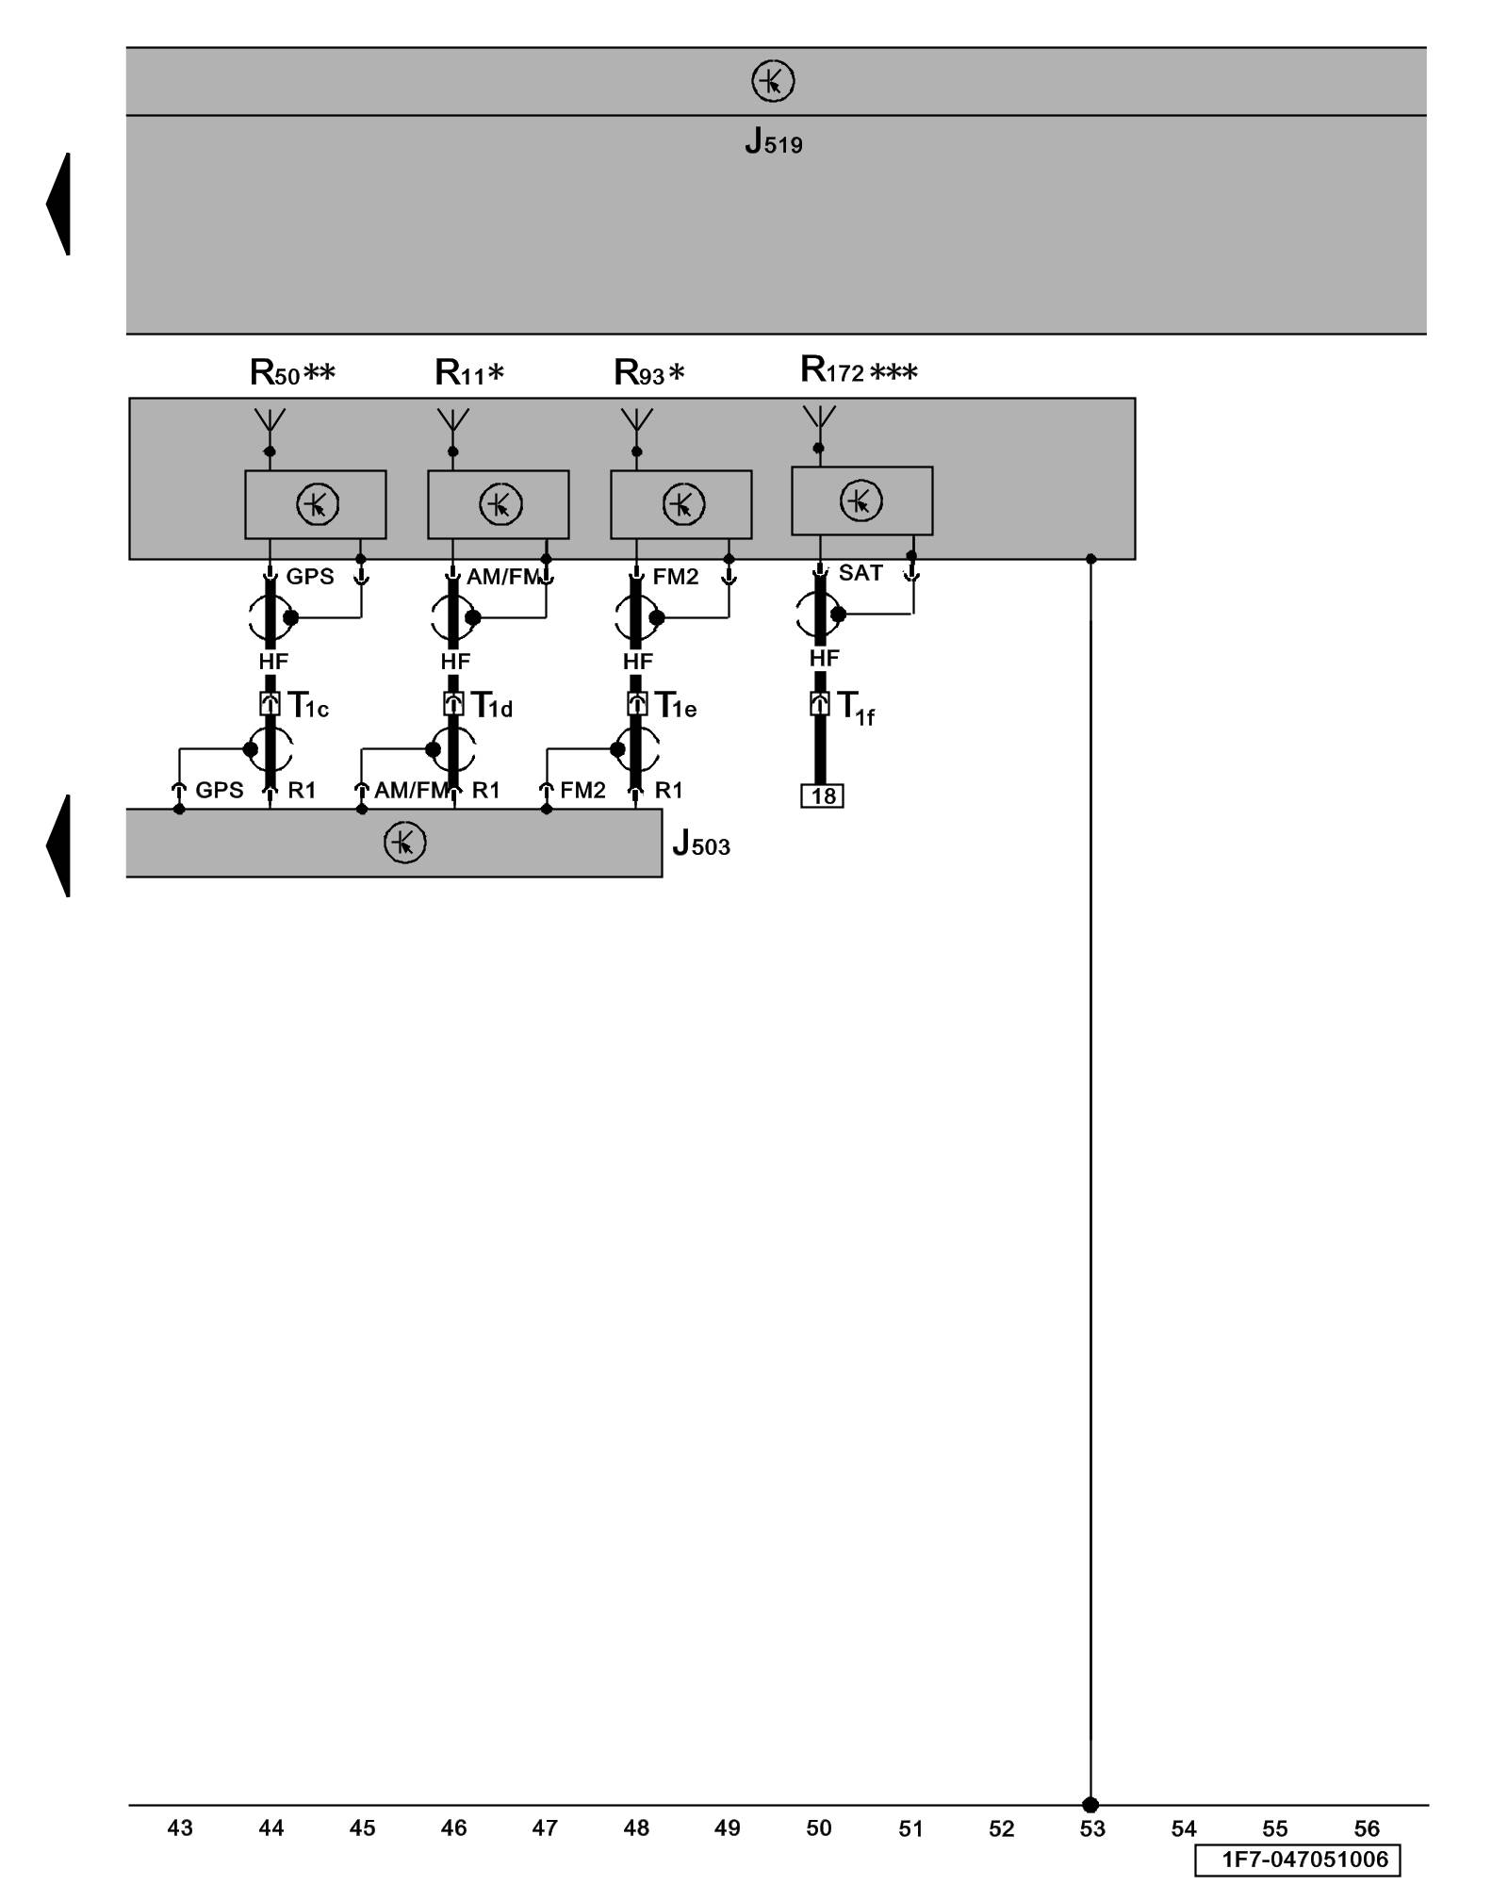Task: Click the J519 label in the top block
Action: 773,141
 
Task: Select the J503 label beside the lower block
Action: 701,843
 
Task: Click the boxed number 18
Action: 823,796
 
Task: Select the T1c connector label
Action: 308,705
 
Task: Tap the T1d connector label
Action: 492,705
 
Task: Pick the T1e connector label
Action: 676,705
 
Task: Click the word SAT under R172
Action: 861,573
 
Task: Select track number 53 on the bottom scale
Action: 1092,1829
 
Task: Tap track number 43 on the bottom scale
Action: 180,1828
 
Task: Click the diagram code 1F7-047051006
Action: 1304,1860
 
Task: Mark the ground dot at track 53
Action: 1090,1805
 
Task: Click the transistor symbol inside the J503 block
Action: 405,843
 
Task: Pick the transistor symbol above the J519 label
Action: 773,81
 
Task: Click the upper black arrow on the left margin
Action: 59,204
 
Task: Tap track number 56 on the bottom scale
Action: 1367,1829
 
